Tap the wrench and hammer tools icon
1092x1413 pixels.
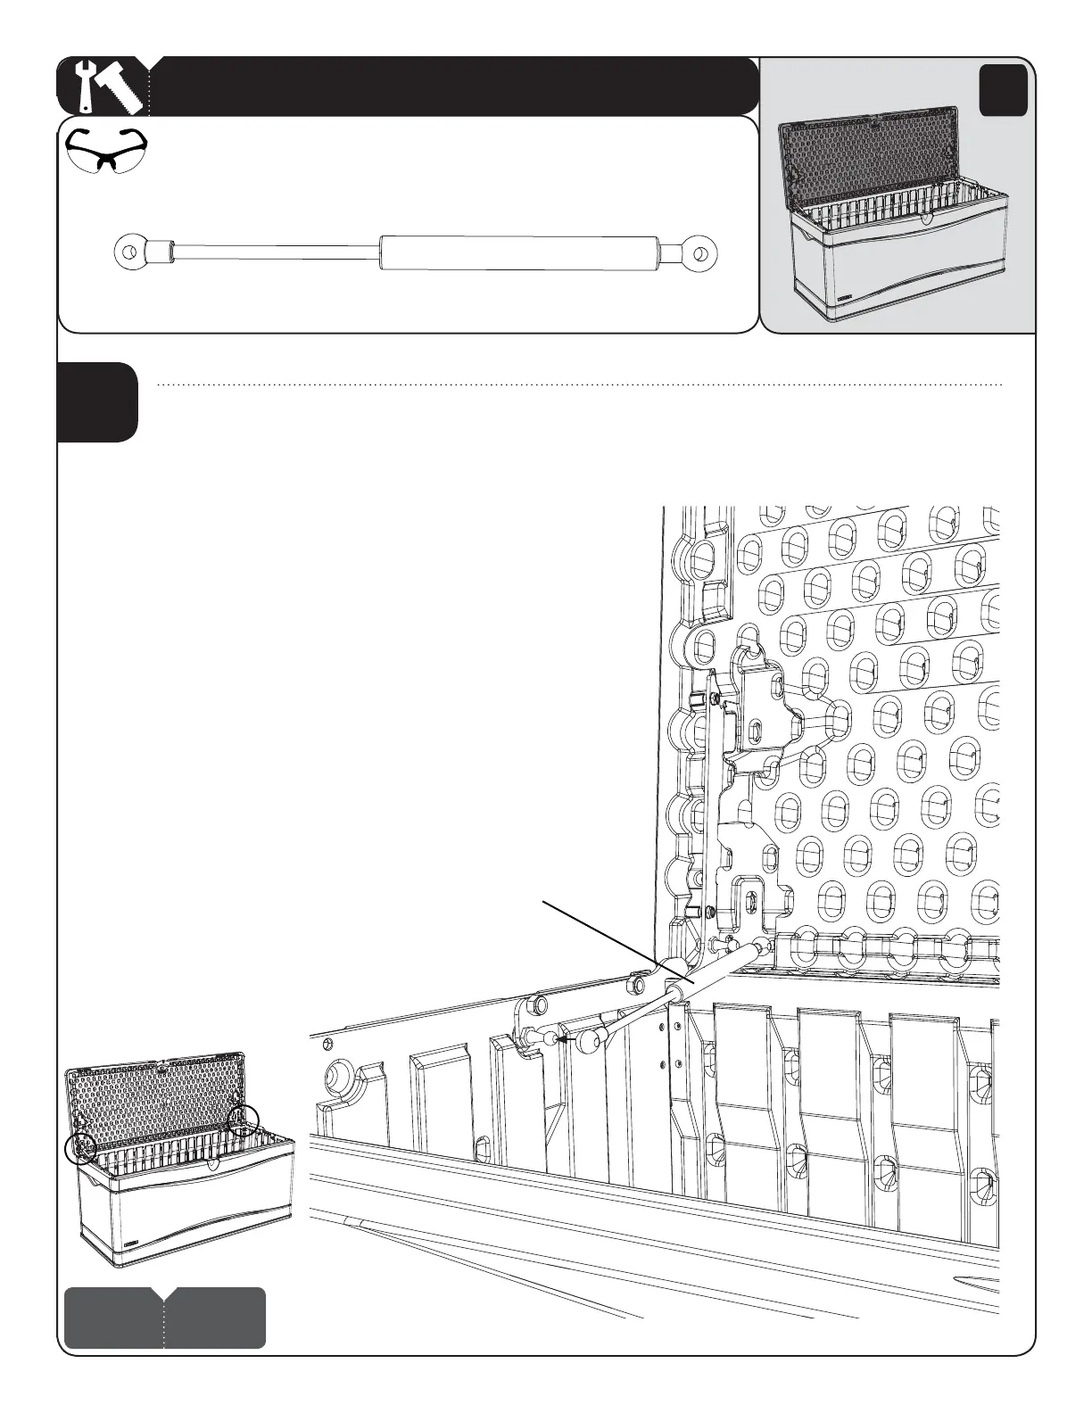[x=105, y=87]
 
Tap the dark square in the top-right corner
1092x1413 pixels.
[x=1003, y=92]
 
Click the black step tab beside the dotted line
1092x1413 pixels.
[x=97, y=401]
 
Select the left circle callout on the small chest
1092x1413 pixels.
[x=81, y=1148]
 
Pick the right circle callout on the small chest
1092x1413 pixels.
[x=244, y=1120]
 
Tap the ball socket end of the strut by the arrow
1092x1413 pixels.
[x=590, y=1039]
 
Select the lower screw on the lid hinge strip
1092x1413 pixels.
[x=706, y=912]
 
